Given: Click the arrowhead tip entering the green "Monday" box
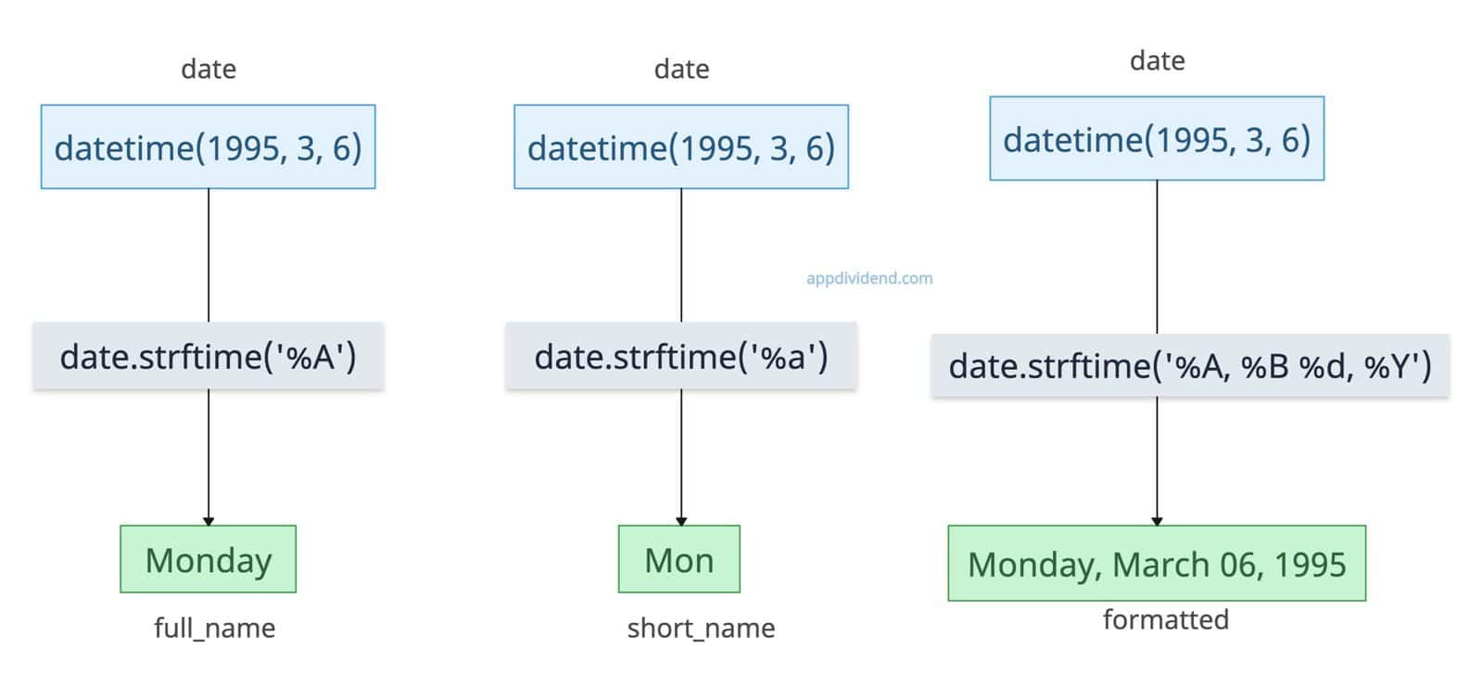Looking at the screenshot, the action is coord(209,526).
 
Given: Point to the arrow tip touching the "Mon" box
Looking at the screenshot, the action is coord(681,526).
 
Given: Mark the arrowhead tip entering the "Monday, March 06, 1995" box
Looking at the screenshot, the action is coord(1158,526).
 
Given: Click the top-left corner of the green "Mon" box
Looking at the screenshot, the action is coord(619,526).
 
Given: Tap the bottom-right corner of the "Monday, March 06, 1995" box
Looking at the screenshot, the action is coord(1366,600).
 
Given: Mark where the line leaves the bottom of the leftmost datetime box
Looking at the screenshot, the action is coord(209,189).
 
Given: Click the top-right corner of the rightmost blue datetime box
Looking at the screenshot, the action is coord(1325,96).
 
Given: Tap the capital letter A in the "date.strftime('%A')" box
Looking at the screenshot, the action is coord(323,358).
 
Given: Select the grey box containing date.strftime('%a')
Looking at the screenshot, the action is coord(681,356).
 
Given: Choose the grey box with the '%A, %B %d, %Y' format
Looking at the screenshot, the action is coord(1190,365).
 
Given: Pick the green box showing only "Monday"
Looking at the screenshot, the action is coord(209,559).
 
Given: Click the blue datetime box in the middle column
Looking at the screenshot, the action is coord(681,146).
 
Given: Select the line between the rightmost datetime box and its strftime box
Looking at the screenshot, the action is coord(1158,257).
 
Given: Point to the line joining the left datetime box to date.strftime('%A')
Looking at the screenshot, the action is coord(209,256).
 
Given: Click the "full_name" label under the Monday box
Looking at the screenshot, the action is coord(214,628).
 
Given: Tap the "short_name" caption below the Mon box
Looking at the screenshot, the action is coord(701,628).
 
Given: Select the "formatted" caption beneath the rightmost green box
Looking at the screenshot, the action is coord(1166,620).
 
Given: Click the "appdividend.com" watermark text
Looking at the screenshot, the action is coord(869,278).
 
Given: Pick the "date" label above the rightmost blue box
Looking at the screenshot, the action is coord(1158,61).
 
